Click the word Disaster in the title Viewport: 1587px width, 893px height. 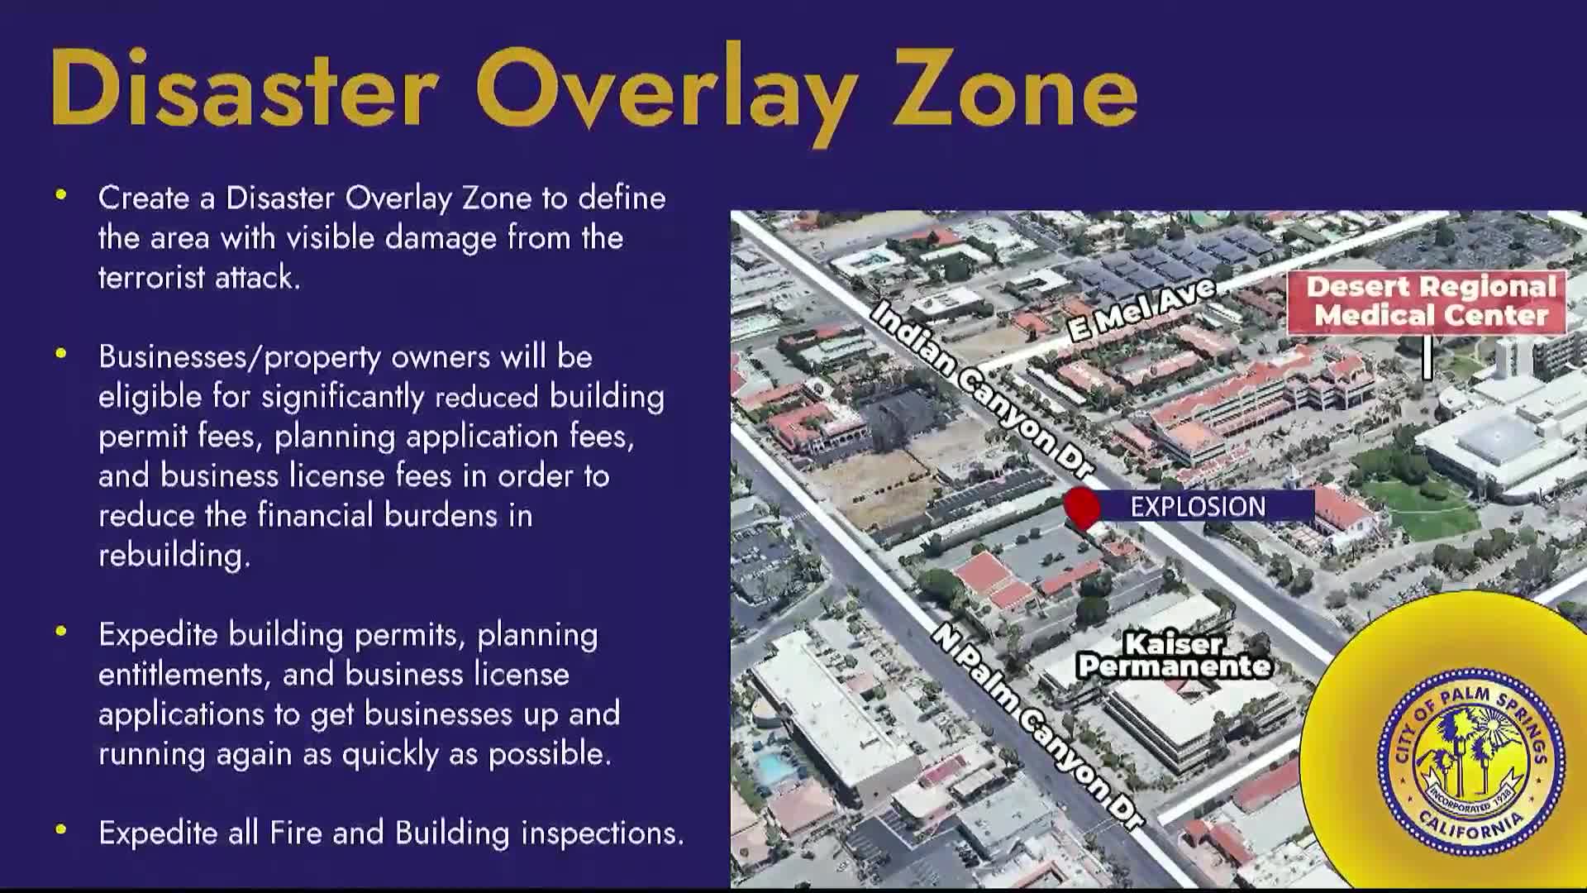point(244,88)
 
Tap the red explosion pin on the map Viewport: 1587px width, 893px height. point(1081,508)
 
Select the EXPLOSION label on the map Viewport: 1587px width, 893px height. point(1198,506)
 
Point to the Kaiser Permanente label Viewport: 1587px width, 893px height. point(1174,655)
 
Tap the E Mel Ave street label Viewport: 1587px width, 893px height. point(1141,309)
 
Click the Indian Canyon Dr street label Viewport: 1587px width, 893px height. point(983,389)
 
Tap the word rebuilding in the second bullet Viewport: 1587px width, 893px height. point(174,556)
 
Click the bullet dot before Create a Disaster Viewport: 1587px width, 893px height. point(61,195)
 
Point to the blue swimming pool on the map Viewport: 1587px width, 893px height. point(775,768)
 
